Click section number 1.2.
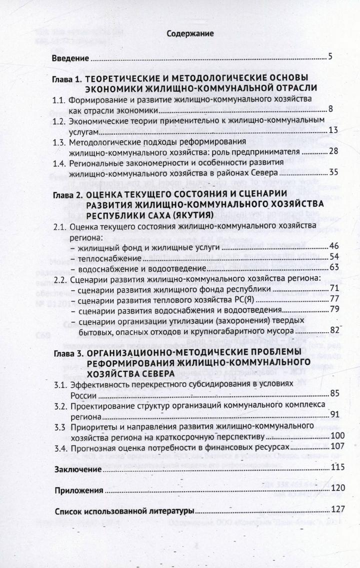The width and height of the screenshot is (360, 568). click(59, 121)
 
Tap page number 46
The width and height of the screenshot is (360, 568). click(334, 246)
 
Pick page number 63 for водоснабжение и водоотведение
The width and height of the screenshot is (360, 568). click(334, 267)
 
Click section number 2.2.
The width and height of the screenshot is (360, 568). click(60, 279)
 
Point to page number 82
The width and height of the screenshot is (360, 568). click(334, 331)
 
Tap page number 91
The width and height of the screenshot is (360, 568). click(334, 415)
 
